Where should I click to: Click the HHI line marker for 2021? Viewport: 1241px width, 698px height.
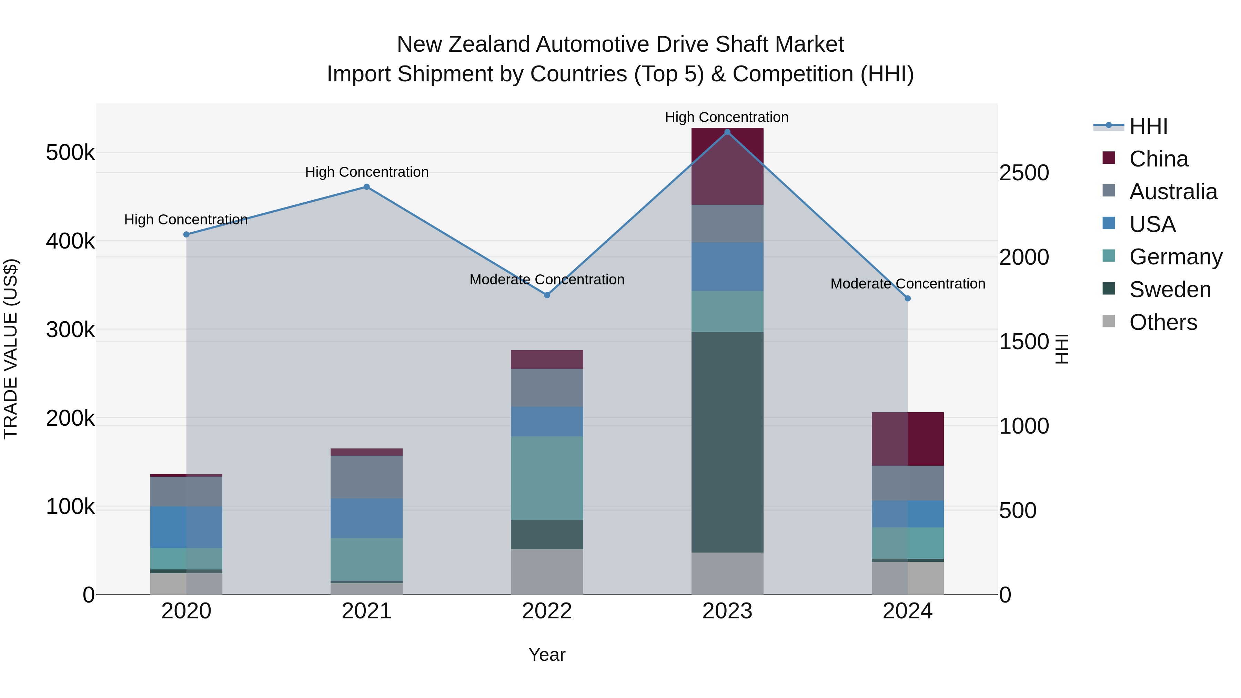pos(367,187)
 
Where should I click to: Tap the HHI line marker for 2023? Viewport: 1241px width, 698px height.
pos(727,132)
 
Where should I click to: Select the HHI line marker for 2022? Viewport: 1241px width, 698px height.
pos(547,295)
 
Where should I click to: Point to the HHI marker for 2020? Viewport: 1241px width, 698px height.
pos(186,235)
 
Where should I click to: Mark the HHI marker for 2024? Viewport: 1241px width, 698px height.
pos(908,299)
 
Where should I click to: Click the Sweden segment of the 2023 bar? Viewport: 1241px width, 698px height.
pos(727,442)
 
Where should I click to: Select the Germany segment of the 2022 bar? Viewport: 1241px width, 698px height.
pos(547,478)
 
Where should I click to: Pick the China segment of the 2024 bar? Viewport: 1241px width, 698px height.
pos(908,439)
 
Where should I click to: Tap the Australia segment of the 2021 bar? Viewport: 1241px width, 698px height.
pos(367,477)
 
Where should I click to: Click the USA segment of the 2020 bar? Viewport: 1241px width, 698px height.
pos(186,527)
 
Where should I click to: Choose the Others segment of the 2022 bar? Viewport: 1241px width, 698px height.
pos(547,572)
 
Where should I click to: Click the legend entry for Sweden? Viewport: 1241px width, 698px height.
pos(1170,290)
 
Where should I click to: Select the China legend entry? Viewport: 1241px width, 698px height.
pos(1158,159)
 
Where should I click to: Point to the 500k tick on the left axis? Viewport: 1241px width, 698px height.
pos(70,153)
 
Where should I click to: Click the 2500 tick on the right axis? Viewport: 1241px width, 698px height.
pos(1024,173)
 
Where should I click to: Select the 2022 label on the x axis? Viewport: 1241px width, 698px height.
pos(547,611)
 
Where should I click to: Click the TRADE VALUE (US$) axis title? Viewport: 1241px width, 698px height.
pos(11,349)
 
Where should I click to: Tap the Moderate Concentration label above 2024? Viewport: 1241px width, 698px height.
pos(908,284)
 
